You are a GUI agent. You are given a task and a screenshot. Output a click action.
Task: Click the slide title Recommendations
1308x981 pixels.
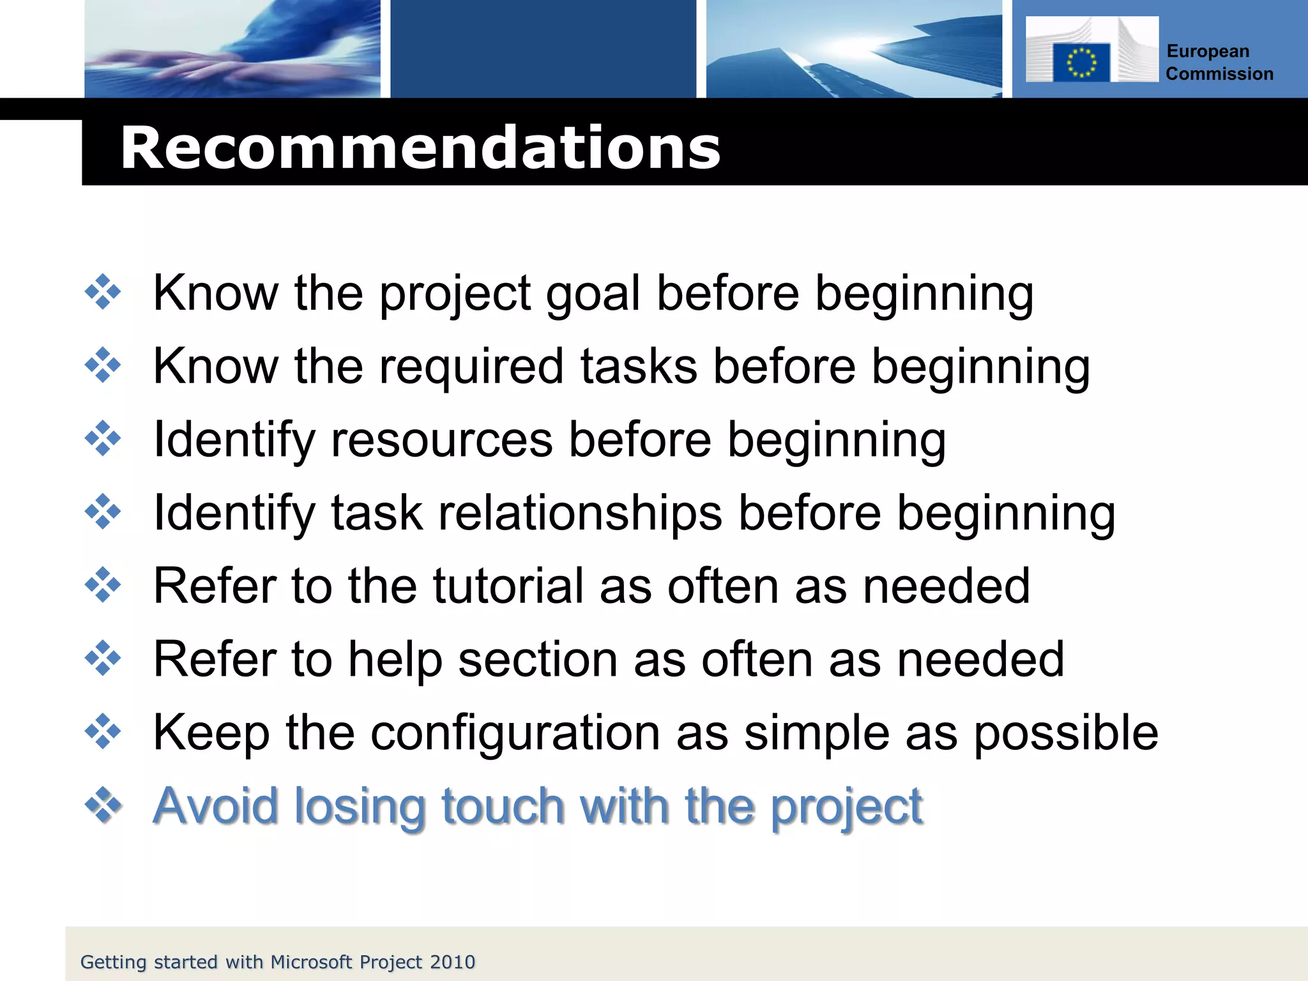click(420, 148)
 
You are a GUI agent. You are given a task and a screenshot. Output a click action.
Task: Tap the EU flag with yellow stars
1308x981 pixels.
click(1081, 63)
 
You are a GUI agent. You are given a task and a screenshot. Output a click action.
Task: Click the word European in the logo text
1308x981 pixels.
click(1207, 51)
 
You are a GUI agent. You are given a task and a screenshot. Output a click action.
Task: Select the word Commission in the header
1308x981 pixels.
click(1219, 74)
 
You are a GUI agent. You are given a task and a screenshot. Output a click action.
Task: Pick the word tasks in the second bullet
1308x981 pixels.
click(639, 367)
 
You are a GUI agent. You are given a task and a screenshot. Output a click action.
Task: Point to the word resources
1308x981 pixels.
click(441, 440)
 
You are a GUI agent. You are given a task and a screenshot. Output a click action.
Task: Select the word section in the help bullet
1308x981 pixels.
click(538, 659)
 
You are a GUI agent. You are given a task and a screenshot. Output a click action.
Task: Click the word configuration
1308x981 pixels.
click(515, 733)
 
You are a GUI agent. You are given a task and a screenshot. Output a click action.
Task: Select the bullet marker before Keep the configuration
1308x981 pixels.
click(103, 731)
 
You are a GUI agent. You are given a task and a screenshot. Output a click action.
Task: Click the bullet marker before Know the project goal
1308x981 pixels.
click(103, 293)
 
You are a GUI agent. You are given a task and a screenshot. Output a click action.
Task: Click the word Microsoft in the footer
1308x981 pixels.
click(311, 962)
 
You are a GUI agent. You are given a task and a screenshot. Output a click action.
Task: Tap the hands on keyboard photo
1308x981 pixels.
click(232, 49)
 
